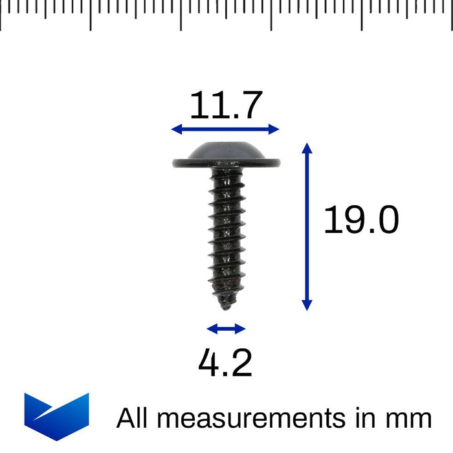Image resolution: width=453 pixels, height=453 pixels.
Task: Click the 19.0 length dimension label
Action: tap(361, 220)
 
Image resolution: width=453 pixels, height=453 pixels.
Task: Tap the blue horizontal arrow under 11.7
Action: tap(225, 129)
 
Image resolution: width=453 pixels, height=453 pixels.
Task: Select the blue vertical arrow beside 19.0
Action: tap(307, 226)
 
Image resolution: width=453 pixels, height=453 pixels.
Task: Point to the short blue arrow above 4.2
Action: tap(226, 329)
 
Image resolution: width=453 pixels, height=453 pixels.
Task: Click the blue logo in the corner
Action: tap(56, 415)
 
